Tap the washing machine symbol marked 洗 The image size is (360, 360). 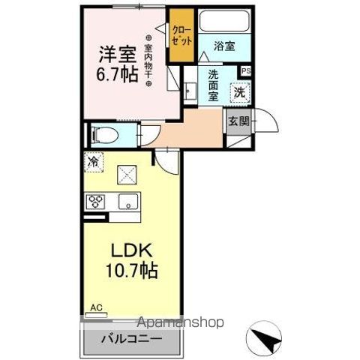click(238, 92)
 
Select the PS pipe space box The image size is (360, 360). click(244, 71)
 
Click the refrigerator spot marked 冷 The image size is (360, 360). click(94, 160)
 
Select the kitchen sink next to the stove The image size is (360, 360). click(128, 201)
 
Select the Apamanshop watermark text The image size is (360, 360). click(180, 322)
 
